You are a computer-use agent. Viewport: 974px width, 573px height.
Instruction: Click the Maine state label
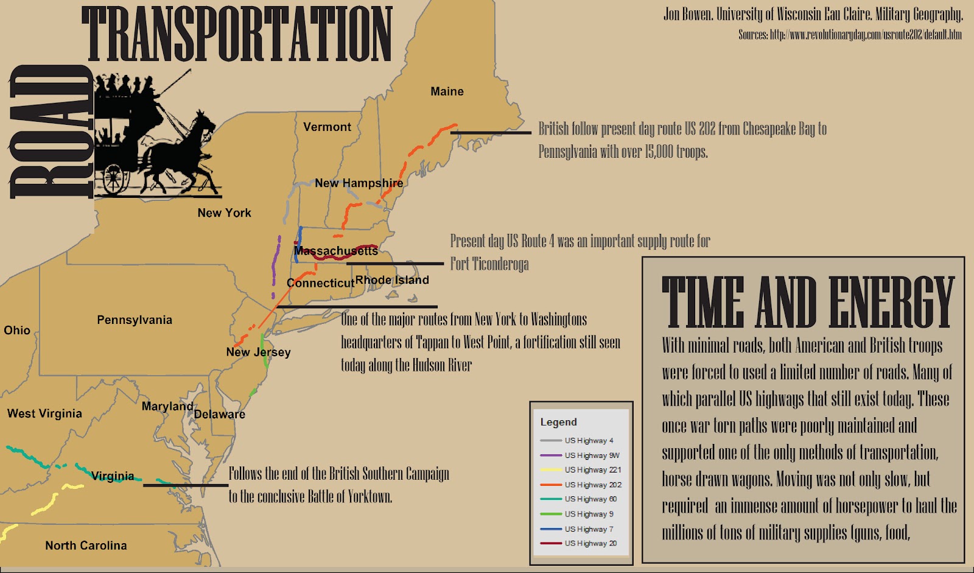447,91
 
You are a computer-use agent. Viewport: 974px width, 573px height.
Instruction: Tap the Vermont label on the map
327,127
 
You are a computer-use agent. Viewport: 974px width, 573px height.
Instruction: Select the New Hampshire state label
359,183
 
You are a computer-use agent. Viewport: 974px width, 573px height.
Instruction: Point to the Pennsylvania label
135,320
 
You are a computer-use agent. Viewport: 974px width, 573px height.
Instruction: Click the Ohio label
17,330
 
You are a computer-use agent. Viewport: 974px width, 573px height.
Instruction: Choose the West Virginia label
44,413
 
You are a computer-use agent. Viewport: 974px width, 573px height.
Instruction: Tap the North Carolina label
86,546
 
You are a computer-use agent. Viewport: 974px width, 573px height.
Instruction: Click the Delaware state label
219,414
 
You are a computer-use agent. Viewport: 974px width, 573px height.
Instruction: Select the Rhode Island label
392,279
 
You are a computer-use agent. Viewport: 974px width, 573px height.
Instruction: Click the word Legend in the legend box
558,422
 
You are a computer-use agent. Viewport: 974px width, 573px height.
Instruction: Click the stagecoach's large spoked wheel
113,178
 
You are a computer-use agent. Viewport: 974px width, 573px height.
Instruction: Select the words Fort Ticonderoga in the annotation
489,264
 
